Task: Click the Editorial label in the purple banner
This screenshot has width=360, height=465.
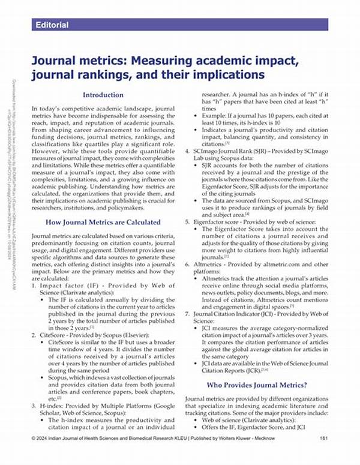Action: (x=52, y=25)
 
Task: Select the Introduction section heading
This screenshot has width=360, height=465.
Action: (x=103, y=95)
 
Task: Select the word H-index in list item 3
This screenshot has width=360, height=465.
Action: (x=53, y=406)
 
